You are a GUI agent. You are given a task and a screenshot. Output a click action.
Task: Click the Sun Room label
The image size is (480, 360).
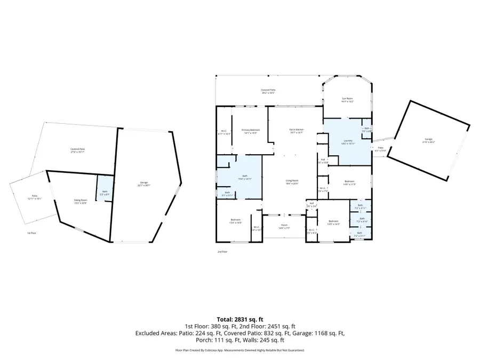coord(347,100)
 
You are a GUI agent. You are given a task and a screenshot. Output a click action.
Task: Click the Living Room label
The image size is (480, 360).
coord(291,182)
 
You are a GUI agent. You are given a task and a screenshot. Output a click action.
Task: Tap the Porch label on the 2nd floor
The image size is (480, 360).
coord(284,227)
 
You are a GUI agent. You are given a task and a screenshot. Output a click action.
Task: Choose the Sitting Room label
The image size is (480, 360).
coord(81,201)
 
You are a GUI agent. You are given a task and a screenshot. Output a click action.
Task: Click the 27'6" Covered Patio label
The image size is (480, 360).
coord(78,150)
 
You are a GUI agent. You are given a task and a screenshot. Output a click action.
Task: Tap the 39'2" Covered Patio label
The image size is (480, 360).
coord(268,92)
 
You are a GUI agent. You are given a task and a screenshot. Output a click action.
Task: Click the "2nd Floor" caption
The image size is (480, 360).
coord(222,251)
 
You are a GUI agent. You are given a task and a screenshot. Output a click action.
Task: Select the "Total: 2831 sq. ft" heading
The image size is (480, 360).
coord(239,319)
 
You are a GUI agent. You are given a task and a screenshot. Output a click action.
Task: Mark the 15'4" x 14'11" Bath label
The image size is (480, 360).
coord(245,177)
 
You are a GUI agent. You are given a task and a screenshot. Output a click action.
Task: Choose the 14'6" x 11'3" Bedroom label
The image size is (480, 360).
coord(349,182)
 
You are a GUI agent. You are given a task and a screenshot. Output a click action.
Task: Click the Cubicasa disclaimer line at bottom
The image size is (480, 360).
coord(239,350)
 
